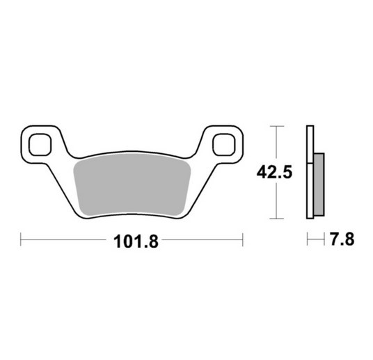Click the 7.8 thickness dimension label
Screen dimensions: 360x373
pyautogui.click(x=341, y=240)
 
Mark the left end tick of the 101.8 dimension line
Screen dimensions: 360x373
pyautogui.click(x=22, y=241)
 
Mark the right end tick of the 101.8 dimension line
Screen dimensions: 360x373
pyautogui.click(x=244, y=241)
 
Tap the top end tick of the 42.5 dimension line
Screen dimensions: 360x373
pyautogui.click(x=278, y=126)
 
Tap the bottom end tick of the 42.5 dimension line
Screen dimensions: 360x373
pyautogui.click(x=278, y=219)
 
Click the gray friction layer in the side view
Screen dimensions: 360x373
pyautogui.click(x=319, y=185)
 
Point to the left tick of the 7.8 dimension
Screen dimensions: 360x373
pyautogui.click(x=307, y=241)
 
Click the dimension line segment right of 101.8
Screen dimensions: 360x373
pyautogui.click(x=202, y=241)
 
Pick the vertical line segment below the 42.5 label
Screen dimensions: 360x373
pyautogui.click(x=278, y=202)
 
